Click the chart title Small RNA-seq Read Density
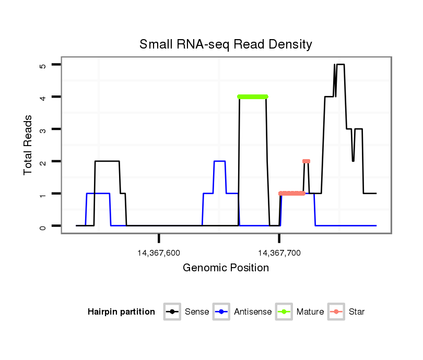(x=226, y=44)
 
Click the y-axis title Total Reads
(x=29, y=145)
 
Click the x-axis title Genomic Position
(x=226, y=268)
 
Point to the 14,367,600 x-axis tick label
(x=159, y=253)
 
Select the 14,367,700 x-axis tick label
(x=279, y=253)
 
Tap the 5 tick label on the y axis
(x=43, y=65)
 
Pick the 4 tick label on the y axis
(x=43, y=97)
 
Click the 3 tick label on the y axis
(x=43, y=129)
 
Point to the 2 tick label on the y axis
(x=43, y=162)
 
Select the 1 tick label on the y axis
(x=43, y=194)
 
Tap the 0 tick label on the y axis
(x=43, y=226)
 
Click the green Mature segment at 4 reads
(x=253, y=97)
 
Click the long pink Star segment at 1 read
(x=292, y=194)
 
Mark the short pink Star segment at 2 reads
(x=306, y=161)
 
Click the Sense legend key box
(x=172, y=312)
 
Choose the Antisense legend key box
(x=222, y=312)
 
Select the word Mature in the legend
(x=310, y=312)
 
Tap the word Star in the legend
(x=357, y=312)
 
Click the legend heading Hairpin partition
(x=121, y=312)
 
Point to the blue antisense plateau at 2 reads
(x=220, y=162)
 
